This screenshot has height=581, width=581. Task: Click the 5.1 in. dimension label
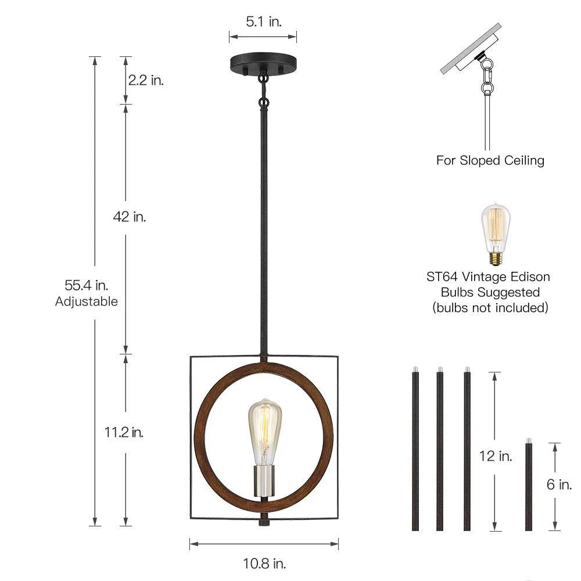(x=264, y=21)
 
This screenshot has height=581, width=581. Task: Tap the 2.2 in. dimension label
(x=146, y=80)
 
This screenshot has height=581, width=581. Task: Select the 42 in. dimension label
(x=130, y=217)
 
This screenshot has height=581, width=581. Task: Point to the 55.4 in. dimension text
(x=87, y=285)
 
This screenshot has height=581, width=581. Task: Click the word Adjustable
(x=87, y=301)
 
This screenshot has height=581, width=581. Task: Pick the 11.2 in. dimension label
(x=124, y=432)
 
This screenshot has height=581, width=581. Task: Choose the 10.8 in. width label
(x=264, y=564)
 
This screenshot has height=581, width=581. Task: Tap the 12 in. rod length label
(x=496, y=456)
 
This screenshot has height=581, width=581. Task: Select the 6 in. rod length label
(x=559, y=485)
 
